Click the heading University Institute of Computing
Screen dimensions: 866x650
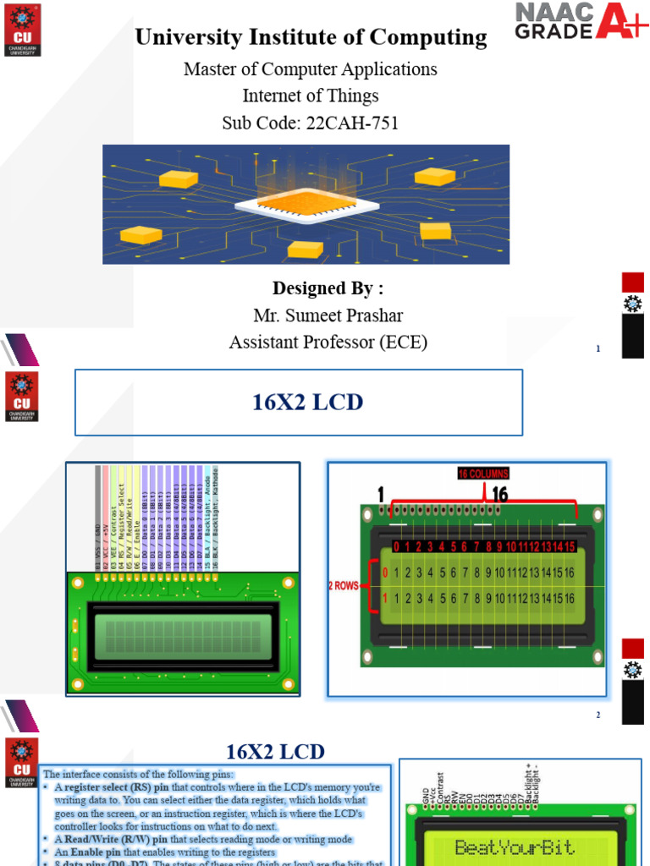click(311, 37)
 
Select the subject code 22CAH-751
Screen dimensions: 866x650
click(311, 123)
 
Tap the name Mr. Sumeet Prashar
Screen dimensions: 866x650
click(328, 315)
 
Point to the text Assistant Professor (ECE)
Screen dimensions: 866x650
click(328, 342)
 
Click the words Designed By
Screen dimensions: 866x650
click(328, 288)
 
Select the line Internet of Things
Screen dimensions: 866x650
click(311, 96)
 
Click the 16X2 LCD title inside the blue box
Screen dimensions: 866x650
click(308, 403)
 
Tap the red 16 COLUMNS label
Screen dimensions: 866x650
click(483, 474)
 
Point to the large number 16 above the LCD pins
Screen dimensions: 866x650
click(499, 494)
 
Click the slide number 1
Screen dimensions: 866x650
click(598, 348)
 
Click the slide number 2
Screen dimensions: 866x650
click(598, 715)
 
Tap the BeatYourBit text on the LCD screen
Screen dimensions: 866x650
click(514, 847)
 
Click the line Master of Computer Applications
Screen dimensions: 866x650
click(311, 69)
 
